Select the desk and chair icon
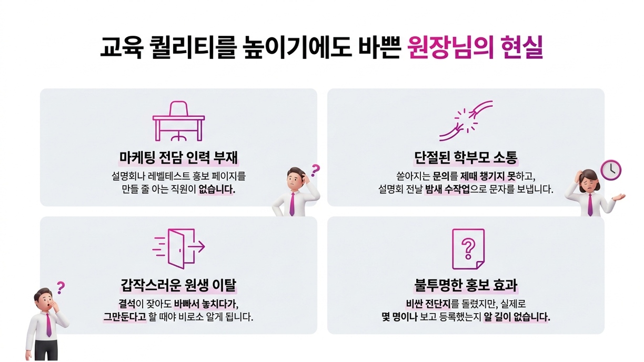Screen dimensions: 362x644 click(178, 121)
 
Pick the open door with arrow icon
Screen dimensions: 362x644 click(179, 247)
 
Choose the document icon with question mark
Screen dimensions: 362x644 click(468, 249)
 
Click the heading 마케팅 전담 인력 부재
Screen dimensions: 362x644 click(178, 157)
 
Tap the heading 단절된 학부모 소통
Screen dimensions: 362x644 click(466, 157)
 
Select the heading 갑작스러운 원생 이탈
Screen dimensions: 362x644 click(178, 285)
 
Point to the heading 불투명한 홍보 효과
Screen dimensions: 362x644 click(466, 285)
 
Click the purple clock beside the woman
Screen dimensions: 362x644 click(611, 170)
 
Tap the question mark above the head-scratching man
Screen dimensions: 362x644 click(315, 170)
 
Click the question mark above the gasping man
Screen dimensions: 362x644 click(61, 287)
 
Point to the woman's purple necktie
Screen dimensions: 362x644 click(590, 205)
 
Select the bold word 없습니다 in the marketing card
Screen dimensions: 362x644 click(216, 189)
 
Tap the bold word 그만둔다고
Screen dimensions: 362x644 click(124, 317)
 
